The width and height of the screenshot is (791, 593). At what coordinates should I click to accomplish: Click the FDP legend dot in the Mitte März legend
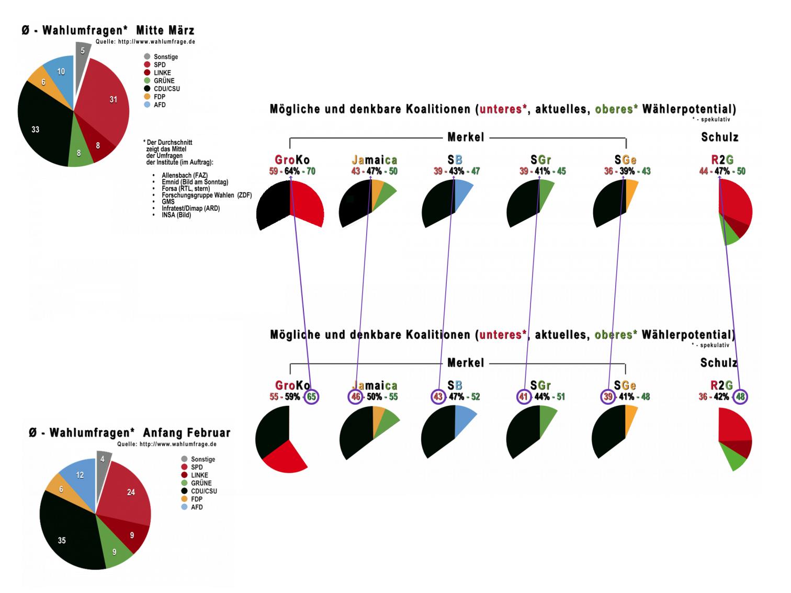147,97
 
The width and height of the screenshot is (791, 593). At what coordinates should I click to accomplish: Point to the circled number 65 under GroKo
311,396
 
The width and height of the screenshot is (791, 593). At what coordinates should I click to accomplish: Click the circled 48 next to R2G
740,396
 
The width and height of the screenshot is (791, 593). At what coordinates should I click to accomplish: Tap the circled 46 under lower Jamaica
356,396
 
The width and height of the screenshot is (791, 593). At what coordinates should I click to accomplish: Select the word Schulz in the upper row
719,138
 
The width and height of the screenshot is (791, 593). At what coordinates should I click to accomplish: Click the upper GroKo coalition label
292,159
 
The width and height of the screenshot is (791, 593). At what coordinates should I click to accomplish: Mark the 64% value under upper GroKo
292,171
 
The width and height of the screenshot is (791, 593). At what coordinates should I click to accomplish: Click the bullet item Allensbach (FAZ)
185,176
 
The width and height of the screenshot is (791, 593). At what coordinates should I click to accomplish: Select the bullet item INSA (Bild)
176,215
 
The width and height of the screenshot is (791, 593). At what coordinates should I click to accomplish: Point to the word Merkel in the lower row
466,363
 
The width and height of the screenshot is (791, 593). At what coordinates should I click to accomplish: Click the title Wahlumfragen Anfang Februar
129,433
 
